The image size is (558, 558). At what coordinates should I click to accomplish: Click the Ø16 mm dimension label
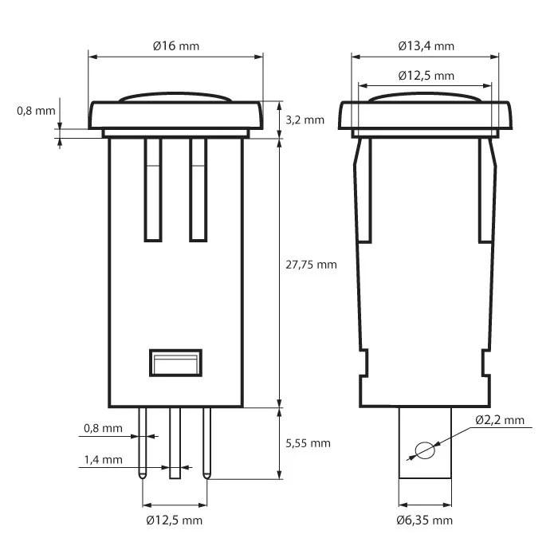(x=175, y=45)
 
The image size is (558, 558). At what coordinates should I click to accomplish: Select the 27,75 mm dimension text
(x=310, y=265)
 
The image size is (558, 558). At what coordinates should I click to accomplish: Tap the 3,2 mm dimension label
(x=305, y=120)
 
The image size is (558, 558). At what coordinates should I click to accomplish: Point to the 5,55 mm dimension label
(x=307, y=443)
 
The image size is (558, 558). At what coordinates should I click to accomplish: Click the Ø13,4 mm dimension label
(x=426, y=45)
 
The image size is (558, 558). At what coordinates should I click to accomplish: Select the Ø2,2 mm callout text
(x=500, y=420)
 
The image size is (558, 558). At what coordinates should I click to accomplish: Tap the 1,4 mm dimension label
(x=103, y=460)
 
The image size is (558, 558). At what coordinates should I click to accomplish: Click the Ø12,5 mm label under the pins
(x=175, y=521)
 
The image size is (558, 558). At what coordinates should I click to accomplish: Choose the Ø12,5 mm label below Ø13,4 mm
(x=426, y=76)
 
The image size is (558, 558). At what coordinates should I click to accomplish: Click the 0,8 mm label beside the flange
(x=36, y=111)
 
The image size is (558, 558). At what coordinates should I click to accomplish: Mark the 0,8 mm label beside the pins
(x=103, y=428)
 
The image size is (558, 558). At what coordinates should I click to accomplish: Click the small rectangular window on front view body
(x=175, y=363)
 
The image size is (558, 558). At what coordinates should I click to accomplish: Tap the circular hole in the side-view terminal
(x=425, y=450)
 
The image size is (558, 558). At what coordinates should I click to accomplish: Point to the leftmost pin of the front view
(x=143, y=442)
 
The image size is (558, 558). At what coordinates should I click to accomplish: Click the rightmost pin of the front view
(x=206, y=442)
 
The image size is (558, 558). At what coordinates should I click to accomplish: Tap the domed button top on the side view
(x=424, y=97)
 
